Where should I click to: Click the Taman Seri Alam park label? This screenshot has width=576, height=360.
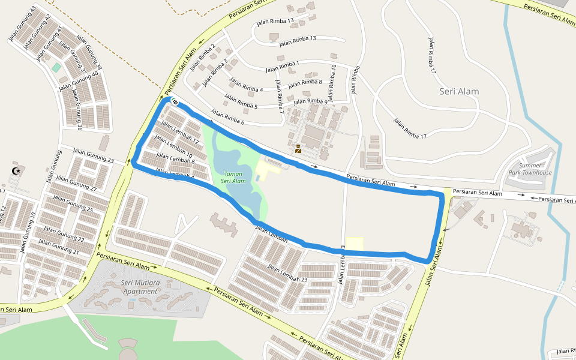[x=233, y=177]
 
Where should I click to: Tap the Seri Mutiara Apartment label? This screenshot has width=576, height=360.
[x=139, y=287]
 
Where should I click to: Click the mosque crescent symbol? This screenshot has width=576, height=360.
[x=16, y=172]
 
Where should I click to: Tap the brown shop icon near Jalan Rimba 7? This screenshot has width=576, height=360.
[x=298, y=149]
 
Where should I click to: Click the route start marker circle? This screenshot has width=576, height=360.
[x=174, y=102]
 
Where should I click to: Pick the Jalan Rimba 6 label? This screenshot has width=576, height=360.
[x=227, y=117]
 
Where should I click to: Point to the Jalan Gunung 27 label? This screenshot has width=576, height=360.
[x=76, y=183]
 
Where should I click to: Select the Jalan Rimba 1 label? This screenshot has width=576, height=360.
[x=281, y=65]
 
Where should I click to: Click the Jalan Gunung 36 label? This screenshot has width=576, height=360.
[x=78, y=111]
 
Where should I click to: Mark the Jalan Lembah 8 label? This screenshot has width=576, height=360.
[x=175, y=158]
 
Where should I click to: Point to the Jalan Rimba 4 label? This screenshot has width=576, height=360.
[x=246, y=86]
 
